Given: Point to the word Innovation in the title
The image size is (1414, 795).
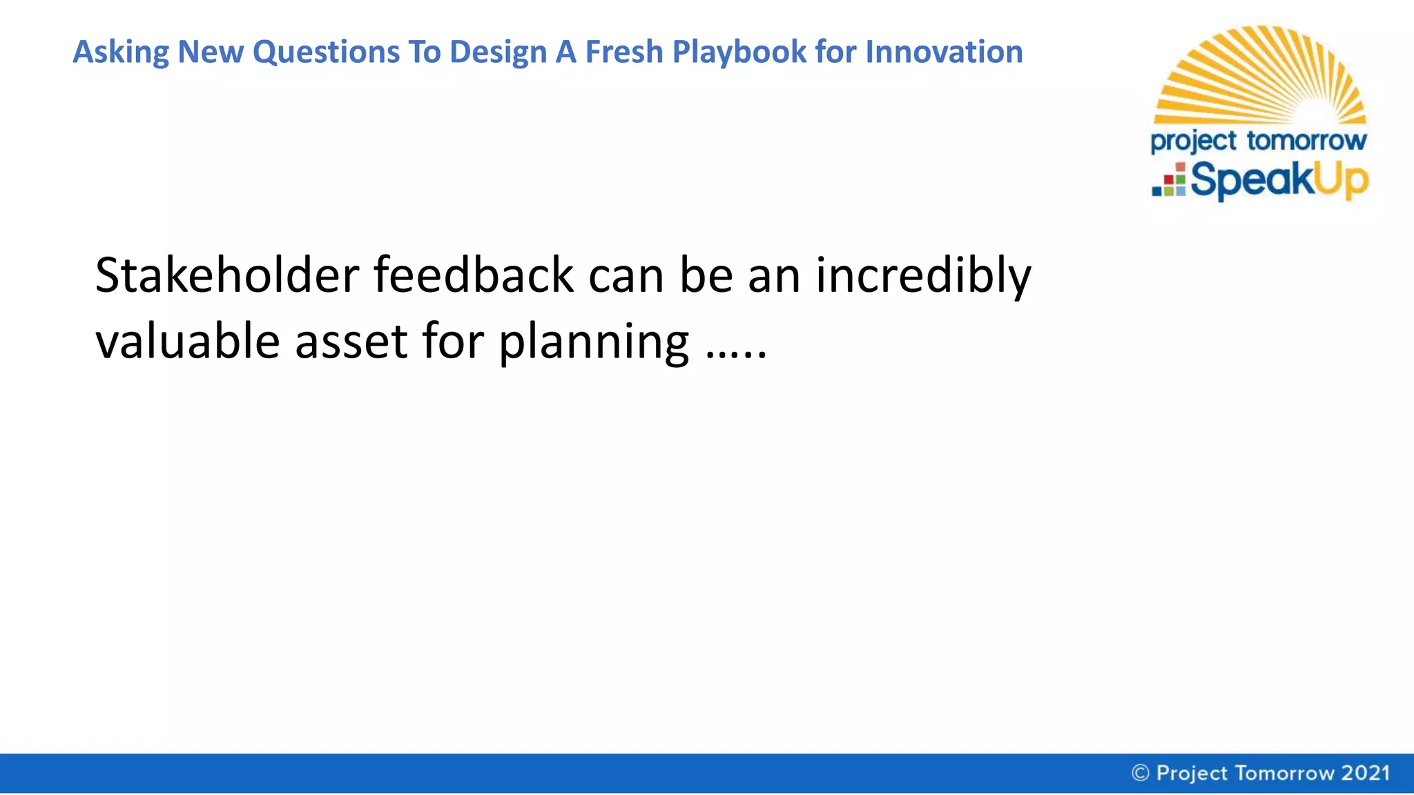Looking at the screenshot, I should [944, 52].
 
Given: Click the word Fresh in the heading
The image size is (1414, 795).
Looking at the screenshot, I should [624, 52].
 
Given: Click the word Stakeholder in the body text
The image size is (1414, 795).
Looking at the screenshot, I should [227, 275].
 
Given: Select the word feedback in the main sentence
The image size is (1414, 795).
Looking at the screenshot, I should [474, 275].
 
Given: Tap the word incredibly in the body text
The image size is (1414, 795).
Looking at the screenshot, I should [923, 275].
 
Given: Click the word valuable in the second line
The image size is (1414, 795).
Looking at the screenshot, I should [188, 341].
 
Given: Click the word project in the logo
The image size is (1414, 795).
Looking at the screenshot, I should [1193, 141].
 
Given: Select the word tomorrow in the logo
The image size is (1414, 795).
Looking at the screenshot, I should [1306, 141].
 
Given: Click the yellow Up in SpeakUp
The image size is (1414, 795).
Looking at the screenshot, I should [1340, 181].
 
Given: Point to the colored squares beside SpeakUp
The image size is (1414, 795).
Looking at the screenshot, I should [1169, 181].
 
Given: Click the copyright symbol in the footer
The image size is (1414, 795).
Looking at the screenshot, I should [1141, 773].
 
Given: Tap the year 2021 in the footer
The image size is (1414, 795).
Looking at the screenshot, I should [1365, 773].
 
